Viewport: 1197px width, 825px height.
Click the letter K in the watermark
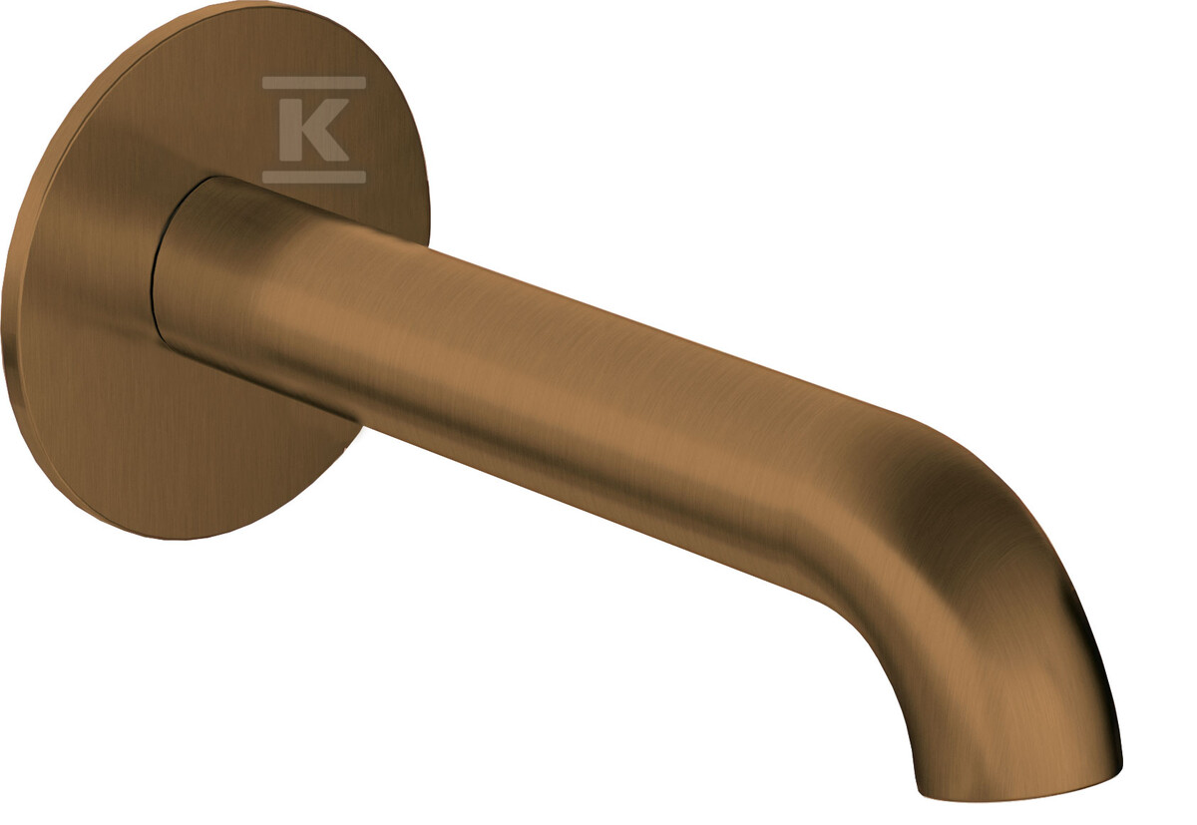pyautogui.click(x=313, y=130)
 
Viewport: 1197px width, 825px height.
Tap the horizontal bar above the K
pyautogui.click(x=313, y=82)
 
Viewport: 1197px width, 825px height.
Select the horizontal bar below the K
pyautogui.click(x=313, y=177)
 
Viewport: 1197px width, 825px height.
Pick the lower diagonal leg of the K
pyautogui.click(x=327, y=146)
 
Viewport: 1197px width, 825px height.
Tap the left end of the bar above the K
pyautogui.click(x=263, y=82)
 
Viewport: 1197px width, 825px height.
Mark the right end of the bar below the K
pyautogui.click(x=365, y=177)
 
